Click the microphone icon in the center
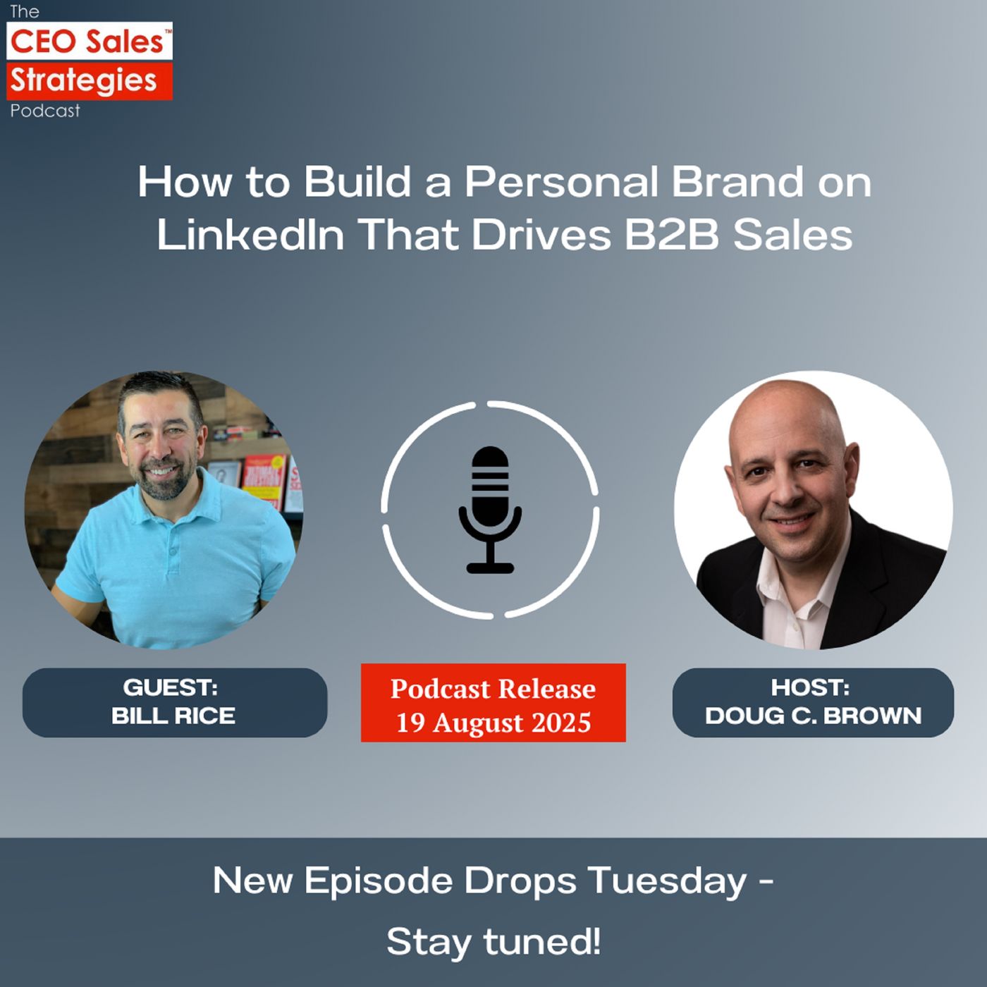[x=490, y=509]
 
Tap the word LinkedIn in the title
[x=250, y=235]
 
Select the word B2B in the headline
[x=671, y=235]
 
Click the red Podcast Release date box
[x=493, y=702]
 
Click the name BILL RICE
[x=173, y=716]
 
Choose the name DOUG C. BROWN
[x=813, y=716]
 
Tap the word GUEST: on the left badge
[x=171, y=687]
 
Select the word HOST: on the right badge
[x=810, y=687]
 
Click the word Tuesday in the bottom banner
[x=667, y=881]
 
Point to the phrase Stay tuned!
[x=493, y=941]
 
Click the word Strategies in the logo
[x=83, y=80]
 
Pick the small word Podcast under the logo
[x=45, y=111]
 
